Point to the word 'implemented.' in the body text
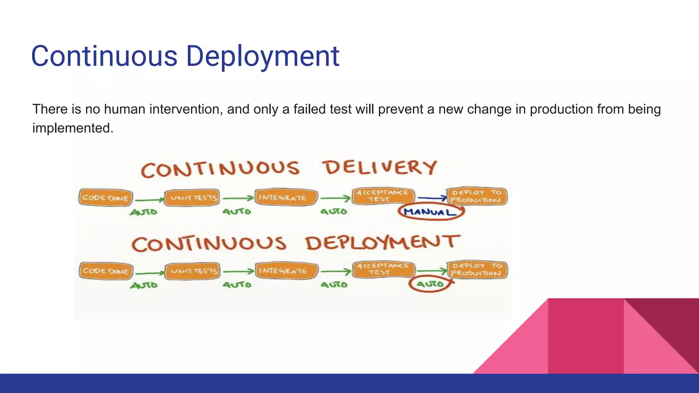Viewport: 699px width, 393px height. tap(73, 128)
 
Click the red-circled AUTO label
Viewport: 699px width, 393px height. tap(430, 284)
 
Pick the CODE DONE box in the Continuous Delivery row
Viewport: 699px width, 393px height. tap(105, 198)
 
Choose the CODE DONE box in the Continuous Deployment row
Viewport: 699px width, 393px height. tap(106, 271)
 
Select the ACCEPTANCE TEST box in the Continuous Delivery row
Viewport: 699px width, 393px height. tap(383, 196)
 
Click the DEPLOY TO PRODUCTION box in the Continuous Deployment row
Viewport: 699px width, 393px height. tap(477, 270)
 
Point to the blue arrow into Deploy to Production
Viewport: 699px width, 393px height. tap(432, 198)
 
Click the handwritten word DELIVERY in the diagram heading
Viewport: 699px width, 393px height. tap(380, 168)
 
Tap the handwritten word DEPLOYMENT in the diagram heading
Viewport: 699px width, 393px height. tap(382, 243)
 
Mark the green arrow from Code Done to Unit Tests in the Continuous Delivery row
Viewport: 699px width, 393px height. tap(149, 200)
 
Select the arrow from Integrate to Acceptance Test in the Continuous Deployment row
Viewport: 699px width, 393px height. tap(336, 272)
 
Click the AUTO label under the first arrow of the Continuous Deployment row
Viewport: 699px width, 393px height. tap(144, 285)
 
